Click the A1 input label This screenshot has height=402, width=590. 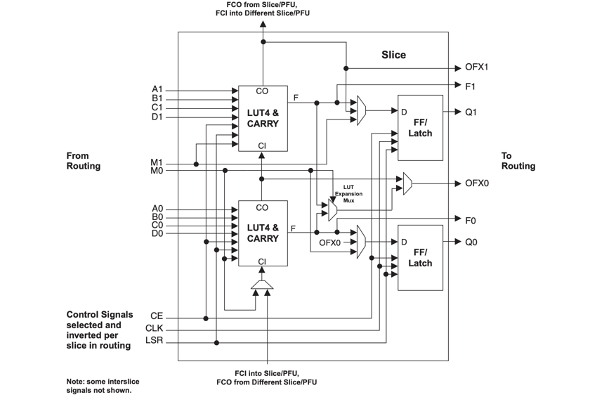[x=157, y=90]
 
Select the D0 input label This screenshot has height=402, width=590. [x=157, y=233]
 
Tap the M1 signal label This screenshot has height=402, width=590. [x=156, y=162]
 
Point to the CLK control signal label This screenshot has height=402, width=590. [x=154, y=329]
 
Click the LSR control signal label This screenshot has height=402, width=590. [x=154, y=342]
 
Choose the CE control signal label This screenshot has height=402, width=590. [x=156, y=317]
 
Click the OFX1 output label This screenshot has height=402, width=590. [x=476, y=68]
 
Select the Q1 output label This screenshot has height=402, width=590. [x=471, y=112]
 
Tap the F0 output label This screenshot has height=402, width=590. [x=470, y=221]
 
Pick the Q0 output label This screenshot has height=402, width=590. [x=471, y=242]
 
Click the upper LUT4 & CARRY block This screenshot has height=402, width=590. [x=263, y=118]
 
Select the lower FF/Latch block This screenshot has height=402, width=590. [x=420, y=258]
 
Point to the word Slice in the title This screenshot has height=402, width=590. [x=393, y=55]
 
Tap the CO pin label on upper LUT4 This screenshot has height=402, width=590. [x=262, y=91]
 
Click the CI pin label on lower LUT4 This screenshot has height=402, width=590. [x=262, y=261]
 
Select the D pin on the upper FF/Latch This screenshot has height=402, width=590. [x=404, y=112]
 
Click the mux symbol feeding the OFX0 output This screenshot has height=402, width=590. [x=407, y=184]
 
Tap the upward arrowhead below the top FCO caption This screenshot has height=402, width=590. [x=263, y=24]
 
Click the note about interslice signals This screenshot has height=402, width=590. [x=98, y=385]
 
